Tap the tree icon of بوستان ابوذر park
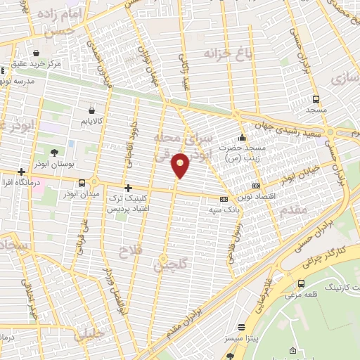click(x=55, y=152)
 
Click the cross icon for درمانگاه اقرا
click(x=22, y=172)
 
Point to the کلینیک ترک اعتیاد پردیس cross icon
click(x=127, y=188)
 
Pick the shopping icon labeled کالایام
click(x=93, y=110)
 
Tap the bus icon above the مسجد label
click(x=316, y=99)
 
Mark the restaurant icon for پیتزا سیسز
click(x=242, y=327)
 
